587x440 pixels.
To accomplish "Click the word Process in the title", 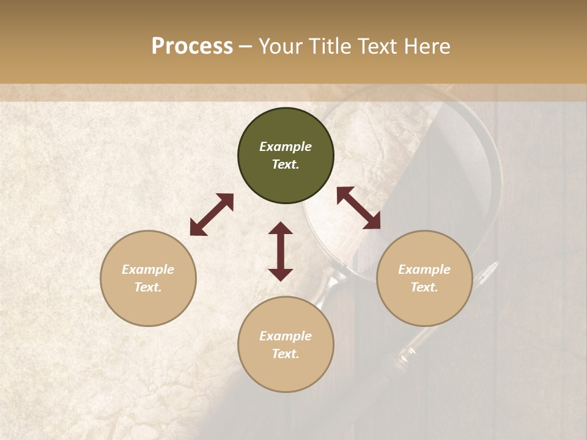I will click(x=192, y=46).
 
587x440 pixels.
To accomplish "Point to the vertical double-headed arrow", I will click(x=281, y=251).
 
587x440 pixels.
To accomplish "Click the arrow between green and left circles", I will click(x=212, y=215).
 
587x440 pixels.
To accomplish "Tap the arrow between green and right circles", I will click(x=358, y=208).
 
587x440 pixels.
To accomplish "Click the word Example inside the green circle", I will click(x=286, y=147).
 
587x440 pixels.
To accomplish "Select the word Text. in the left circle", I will click(x=148, y=287).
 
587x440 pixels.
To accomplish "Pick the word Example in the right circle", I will click(x=424, y=269).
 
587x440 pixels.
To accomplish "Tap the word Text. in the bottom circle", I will click(x=286, y=354).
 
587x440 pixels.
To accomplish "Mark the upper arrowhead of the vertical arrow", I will click(x=281, y=229).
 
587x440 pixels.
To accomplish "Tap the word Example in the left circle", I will click(x=148, y=269).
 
